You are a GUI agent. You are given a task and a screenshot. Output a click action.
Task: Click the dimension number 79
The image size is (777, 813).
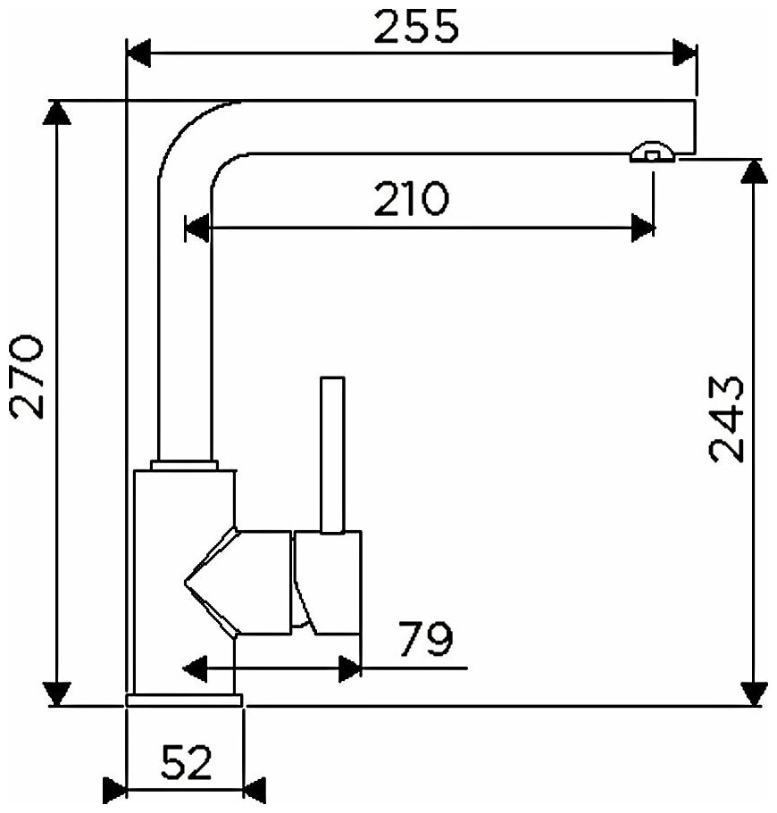tap(425, 639)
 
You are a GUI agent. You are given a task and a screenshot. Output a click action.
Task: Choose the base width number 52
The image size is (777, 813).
tap(187, 763)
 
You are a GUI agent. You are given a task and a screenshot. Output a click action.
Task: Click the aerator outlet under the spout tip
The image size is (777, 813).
tap(652, 154)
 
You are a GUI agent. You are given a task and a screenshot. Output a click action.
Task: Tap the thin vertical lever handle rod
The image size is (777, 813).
tap(332, 455)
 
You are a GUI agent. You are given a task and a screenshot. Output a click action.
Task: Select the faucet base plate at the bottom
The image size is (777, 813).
tap(185, 700)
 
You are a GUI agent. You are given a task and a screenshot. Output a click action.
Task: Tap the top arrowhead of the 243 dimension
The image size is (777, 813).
tap(755, 172)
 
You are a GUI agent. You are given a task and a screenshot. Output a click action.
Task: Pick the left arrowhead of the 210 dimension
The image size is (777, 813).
tap(196, 228)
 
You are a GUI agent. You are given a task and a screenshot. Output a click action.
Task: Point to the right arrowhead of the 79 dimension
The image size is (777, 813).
tap(350, 668)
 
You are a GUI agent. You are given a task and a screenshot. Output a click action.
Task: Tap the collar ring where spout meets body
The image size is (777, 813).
tap(185, 464)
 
